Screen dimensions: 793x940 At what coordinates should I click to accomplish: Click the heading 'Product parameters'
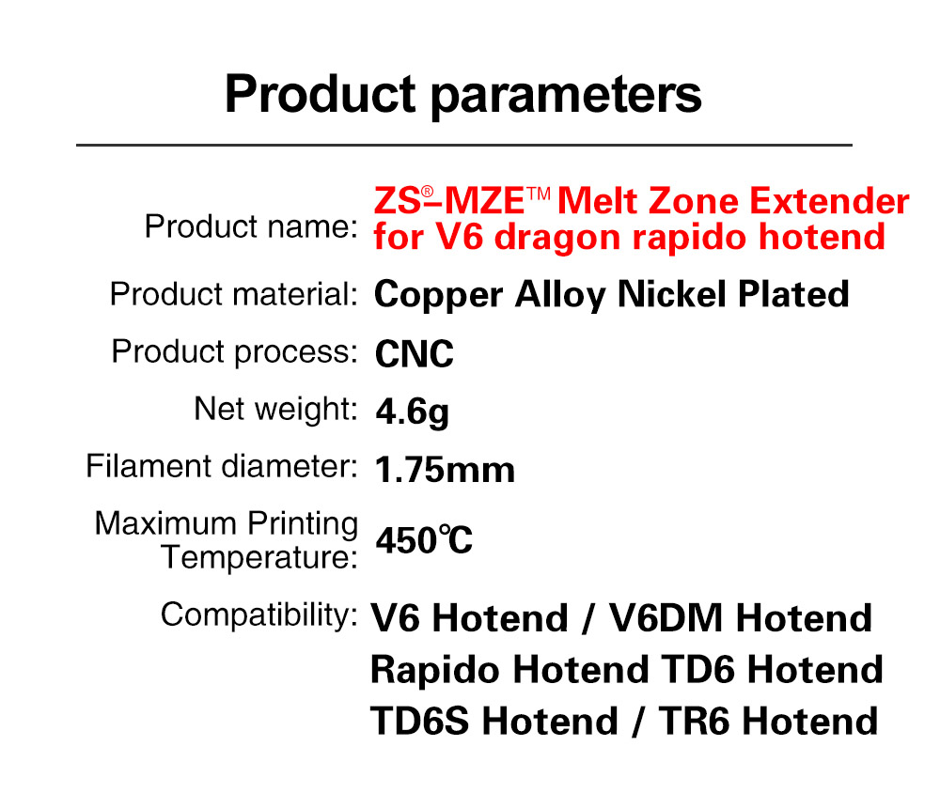[x=462, y=94]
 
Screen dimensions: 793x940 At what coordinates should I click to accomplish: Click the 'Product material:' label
[x=232, y=294]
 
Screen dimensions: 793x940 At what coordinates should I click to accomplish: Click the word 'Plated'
[x=793, y=294]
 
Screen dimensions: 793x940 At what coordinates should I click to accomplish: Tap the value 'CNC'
[x=414, y=354]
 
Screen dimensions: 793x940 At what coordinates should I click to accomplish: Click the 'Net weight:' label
[x=274, y=409]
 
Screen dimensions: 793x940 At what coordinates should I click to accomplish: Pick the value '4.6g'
[x=412, y=412]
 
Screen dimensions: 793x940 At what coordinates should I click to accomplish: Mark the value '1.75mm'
[x=445, y=469]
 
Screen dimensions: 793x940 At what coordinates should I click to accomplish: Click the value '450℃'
[x=424, y=540]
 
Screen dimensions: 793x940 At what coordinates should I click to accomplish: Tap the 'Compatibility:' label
[x=258, y=615]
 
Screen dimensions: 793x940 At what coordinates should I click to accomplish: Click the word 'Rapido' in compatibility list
[x=436, y=671]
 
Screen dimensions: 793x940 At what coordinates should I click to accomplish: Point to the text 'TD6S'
[x=420, y=721]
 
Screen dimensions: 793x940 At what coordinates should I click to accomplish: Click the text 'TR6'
[x=696, y=721]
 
